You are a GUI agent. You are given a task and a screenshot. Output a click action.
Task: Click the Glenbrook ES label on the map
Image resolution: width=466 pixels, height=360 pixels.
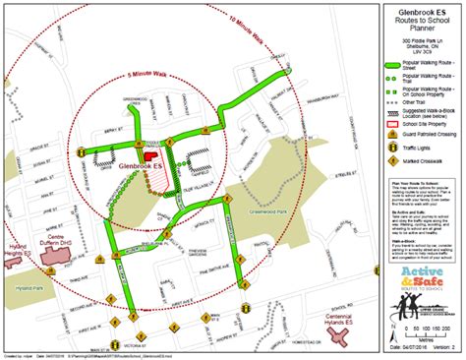141,166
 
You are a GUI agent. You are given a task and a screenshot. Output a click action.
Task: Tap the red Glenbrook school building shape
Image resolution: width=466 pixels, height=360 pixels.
151,153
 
